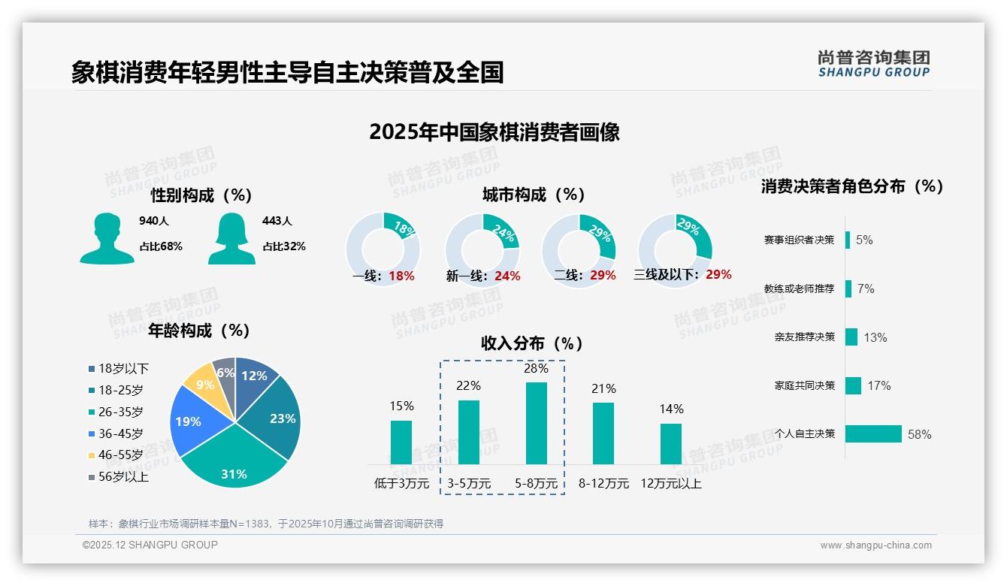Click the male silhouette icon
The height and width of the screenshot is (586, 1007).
click(x=107, y=238)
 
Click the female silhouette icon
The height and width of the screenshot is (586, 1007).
click(x=231, y=238)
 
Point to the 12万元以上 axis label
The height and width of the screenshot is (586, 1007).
click(x=671, y=483)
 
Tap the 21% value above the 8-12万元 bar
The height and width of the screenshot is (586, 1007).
click(x=603, y=388)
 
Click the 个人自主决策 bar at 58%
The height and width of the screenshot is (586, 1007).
click(x=873, y=433)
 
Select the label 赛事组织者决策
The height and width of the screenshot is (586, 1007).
click(x=799, y=240)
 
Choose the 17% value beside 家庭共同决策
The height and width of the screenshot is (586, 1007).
click(x=878, y=385)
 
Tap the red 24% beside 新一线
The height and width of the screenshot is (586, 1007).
click(x=507, y=276)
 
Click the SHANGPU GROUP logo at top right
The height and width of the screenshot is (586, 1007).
click(x=874, y=64)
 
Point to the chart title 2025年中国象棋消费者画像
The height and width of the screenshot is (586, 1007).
click(x=494, y=132)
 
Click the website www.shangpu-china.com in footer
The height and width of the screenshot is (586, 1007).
click(x=875, y=545)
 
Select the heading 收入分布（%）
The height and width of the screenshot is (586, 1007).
click(x=532, y=343)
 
